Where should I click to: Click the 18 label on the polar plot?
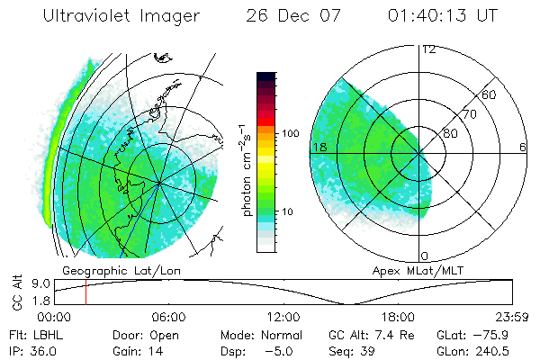(318, 147)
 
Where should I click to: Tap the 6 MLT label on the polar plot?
(522, 147)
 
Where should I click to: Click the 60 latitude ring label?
(490, 94)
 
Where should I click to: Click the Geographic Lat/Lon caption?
(108, 270)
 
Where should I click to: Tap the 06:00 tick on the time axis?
(168, 318)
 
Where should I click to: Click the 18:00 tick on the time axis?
(398, 318)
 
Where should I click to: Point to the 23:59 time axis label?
(511, 318)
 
